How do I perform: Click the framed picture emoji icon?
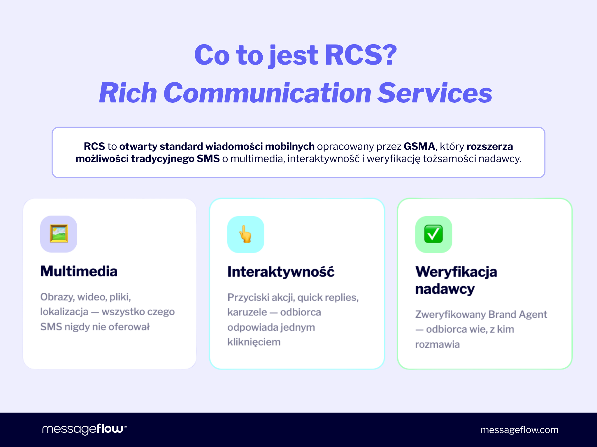59,234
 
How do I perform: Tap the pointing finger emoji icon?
245,234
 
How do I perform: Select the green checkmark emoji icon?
433,234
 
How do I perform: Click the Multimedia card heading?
79,271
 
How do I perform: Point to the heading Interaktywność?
281,272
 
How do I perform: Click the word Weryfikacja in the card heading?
456,272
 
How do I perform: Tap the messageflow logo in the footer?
84,429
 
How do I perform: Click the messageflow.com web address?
519,430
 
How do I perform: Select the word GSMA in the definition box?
419,146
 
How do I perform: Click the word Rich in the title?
128,93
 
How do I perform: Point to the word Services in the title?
435,93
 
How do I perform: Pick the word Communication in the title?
267,93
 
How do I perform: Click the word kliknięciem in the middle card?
254,342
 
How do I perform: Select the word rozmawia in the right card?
437,344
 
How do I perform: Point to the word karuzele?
247,312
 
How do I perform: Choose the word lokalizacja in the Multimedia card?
64,312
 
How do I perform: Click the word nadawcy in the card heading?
445,289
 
